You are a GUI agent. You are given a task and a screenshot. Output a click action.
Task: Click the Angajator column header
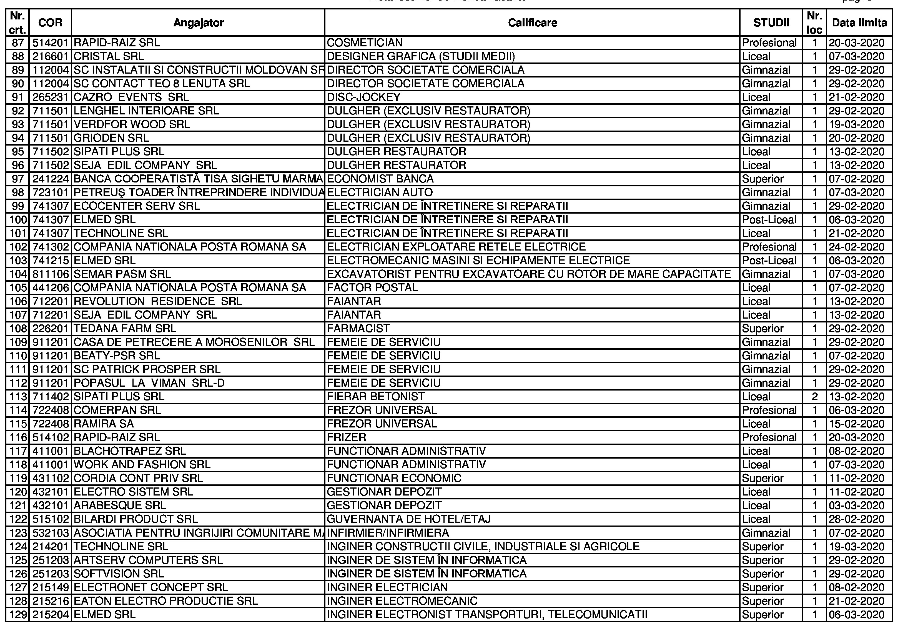pyautogui.click(x=198, y=23)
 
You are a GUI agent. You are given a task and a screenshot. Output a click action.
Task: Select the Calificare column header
pyautogui.click(x=532, y=23)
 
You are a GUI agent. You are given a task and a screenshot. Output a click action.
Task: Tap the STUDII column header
pyautogui.click(x=771, y=23)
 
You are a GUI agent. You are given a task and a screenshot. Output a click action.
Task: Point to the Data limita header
pyautogui.click(x=859, y=23)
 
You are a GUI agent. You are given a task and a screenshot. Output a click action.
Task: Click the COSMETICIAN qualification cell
pyautogui.click(x=365, y=42)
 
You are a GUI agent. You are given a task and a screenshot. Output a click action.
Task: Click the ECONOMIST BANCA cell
pyautogui.click(x=380, y=179)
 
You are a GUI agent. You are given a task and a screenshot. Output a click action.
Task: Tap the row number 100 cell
pyautogui.click(x=18, y=220)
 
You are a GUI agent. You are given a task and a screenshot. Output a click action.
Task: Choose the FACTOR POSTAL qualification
pyautogui.click(x=372, y=288)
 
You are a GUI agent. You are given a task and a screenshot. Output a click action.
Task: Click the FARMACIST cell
pyautogui.click(x=358, y=328)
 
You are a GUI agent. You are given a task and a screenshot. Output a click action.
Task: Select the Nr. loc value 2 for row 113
pyautogui.click(x=814, y=397)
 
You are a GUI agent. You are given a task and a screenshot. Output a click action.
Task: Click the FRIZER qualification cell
pyautogui.click(x=347, y=437)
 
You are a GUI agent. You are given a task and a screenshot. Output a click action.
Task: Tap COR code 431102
pyautogui.click(x=51, y=478)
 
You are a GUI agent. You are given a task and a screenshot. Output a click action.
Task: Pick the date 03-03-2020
pyautogui.click(x=856, y=506)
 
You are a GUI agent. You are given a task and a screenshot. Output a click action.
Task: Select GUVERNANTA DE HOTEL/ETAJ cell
pyautogui.click(x=408, y=519)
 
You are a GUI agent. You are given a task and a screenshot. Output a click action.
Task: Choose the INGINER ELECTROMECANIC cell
pyautogui.click(x=402, y=601)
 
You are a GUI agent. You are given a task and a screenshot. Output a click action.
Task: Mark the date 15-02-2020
pyautogui.click(x=856, y=424)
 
